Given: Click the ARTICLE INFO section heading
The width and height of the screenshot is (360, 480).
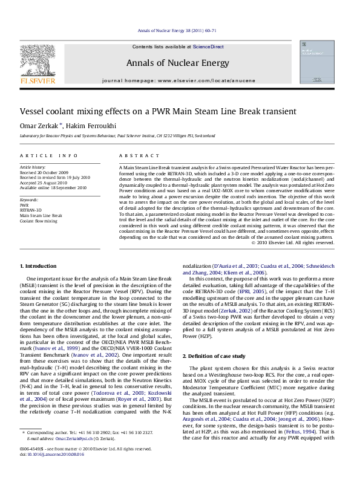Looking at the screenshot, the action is tap(45, 155).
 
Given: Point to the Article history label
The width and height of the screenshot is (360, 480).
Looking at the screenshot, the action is tap(32, 166).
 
